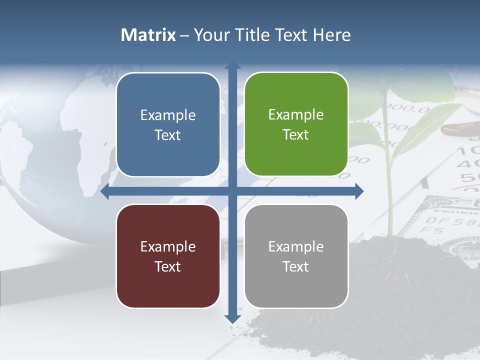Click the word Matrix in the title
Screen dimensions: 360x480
[x=148, y=35]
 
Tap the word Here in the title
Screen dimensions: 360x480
[x=331, y=35]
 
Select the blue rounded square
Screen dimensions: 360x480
[x=168, y=124]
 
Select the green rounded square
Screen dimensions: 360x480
[x=296, y=124]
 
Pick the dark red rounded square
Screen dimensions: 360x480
[x=168, y=256]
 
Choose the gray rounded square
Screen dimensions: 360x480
[x=296, y=256]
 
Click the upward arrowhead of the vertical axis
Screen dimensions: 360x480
[x=232, y=65]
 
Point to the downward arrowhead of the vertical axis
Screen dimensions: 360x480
[x=232, y=318]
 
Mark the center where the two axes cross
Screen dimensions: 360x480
[x=232, y=191]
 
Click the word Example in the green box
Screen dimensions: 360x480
[x=296, y=114]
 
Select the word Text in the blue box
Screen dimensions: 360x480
[x=167, y=135]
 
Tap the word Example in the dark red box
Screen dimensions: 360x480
[x=168, y=246]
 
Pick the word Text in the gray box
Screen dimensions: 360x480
[x=295, y=267]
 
